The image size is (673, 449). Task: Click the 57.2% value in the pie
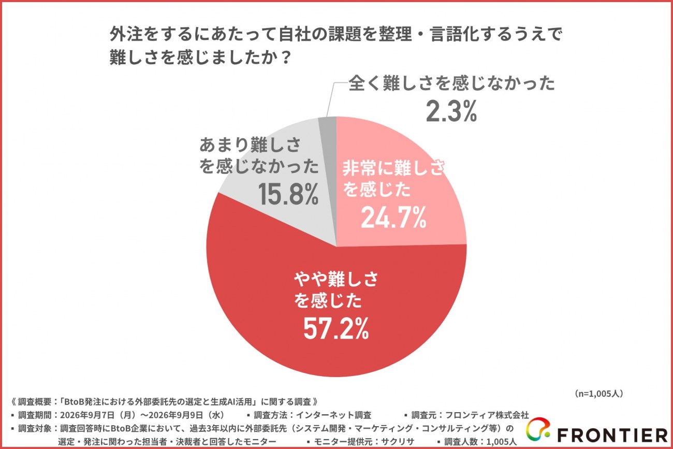[x=336, y=329]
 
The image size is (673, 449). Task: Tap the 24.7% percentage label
[x=393, y=218]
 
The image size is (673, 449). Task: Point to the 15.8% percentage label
[x=288, y=194]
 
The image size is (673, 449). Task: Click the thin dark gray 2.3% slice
[x=328, y=180]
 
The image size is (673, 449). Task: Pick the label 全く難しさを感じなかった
[x=451, y=83]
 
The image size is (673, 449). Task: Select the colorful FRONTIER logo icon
[x=538, y=429]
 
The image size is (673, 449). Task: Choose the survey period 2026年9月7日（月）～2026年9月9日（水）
[x=142, y=415]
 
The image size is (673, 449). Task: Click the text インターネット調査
[x=333, y=415]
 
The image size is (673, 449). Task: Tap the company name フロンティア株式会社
[x=487, y=415]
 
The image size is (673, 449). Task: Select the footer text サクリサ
[x=398, y=441]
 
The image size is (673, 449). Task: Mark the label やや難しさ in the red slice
[x=335, y=279]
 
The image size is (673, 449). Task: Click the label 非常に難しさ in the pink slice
[x=393, y=168]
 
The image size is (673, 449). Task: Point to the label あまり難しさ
[x=250, y=145]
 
